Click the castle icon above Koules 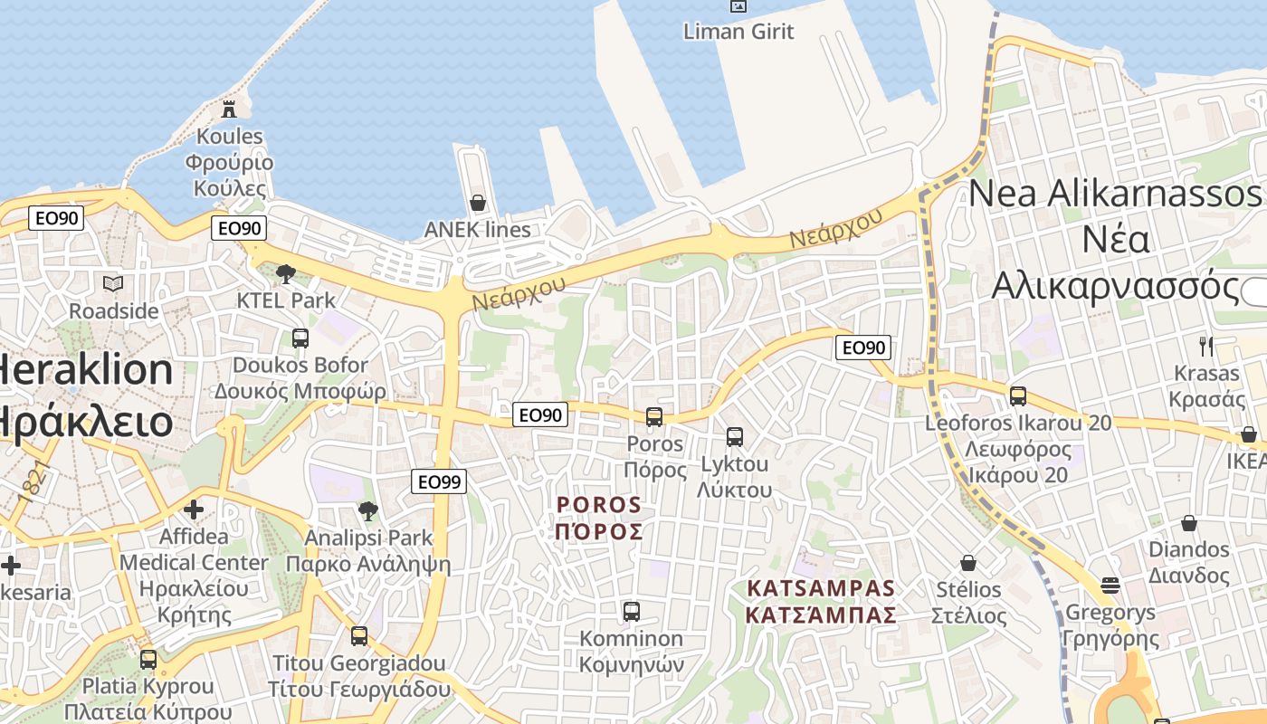(x=229, y=110)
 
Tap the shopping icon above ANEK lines (x=477, y=203)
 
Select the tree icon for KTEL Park (x=286, y=273)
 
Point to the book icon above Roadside (x=113, y=284)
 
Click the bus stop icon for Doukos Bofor (x=300, y=338)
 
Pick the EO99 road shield (x=439, y=481)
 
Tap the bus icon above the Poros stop (x=654, y=417)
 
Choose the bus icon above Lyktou (x=735, y=437)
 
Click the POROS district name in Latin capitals (x=599, y=505)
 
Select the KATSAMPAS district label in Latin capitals (x=821, y=588)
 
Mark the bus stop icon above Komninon (x=632, y=612)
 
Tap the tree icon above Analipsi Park (x=367, y=511)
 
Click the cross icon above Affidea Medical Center (x=194, y=510)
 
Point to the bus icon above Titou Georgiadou (x=359, y=636)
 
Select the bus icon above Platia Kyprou (x=148, y=660)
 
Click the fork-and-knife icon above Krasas (x=1205, y=346)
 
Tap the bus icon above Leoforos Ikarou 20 (x=1018, y=395)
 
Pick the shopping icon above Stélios (x=968, y=563)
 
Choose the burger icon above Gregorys (x=1111, y=586)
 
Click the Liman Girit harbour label (x=738, y=32)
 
